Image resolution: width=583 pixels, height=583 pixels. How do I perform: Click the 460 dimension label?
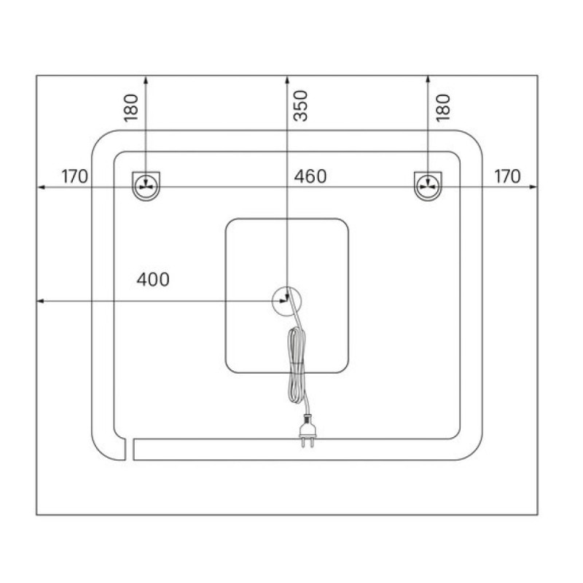click(x=310, y=176)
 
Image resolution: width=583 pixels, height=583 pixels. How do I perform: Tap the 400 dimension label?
click(x=153, y=280)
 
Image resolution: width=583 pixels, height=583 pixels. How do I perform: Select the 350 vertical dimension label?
click(x=301, y=106)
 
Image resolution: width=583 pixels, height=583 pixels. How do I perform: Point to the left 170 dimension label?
click(x=75, y=176)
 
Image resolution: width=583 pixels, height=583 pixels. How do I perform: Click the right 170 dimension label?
click(x=507, y=176)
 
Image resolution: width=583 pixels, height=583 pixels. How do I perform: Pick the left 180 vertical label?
click(x=131, y=108)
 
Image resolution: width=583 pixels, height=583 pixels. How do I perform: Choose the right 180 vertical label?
click(x=443, y=108)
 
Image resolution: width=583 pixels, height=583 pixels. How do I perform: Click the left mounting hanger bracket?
click(x=146, y=186)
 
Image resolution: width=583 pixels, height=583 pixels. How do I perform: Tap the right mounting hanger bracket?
click(x=428, y=186)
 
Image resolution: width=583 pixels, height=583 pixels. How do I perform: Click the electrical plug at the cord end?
click(x=308, y=431)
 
